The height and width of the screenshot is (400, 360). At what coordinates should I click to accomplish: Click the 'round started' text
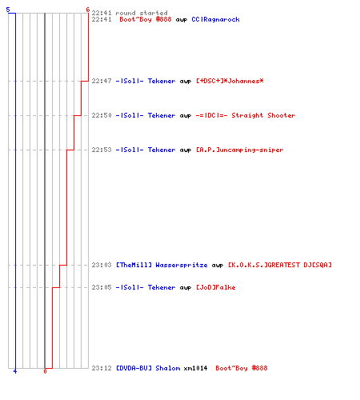pyautogui.click(x=142, y=13)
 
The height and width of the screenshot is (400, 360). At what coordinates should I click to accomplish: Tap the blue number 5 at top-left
pyautogui.click(x=8, y=10)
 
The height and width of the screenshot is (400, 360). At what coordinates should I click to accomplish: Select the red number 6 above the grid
pyautogui.click(x=88, y=10)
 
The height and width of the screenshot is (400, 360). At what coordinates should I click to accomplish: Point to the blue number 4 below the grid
pyautogui.click(x=15, y=371)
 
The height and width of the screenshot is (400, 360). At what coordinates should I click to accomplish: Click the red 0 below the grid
pyautogui.click(x=45, y=371)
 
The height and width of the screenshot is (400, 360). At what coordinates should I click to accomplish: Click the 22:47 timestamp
pyautogui.click(x=102, y=81)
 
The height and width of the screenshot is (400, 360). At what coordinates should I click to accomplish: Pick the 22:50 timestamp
pyautogui.click(x=102, y=115)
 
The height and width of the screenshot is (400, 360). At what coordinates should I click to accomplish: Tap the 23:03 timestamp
pyautogui.click(x=102, y=265)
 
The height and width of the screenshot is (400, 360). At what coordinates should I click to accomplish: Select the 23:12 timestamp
pyautogui.click(x=102, y=368)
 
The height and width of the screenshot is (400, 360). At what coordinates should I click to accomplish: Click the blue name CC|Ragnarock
pyautogui.click(x=215, y=20)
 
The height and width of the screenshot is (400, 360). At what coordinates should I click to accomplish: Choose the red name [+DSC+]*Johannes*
pyautogui.click(x=230, y=81)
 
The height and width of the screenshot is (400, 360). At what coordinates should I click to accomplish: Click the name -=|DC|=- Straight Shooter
pyautogui.click(x=246, y=115)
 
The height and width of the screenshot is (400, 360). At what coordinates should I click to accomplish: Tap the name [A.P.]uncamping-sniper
pyautogui.click(x=240, y=150)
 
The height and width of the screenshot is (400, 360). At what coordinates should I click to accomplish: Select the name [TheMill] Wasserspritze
pyautogui.click(x=162, y=265)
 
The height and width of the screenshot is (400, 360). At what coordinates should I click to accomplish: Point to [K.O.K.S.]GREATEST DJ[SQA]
pyautogui.click(x=280, y=265)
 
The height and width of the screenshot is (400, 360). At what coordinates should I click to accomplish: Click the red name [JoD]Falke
pyautogui.click(x=216, y=287)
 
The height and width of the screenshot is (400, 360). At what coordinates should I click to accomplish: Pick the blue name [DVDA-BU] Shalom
pyautogui.click(x=148, y=368)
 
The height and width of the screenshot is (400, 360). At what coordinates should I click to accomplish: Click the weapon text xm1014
pyautogui.click(x=195, y=368)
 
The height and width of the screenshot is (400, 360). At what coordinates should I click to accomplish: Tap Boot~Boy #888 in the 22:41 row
pyautogui.click(x=146, y=19)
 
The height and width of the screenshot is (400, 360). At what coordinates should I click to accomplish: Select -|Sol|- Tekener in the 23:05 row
pyautogui.click(x=146, y=287)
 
